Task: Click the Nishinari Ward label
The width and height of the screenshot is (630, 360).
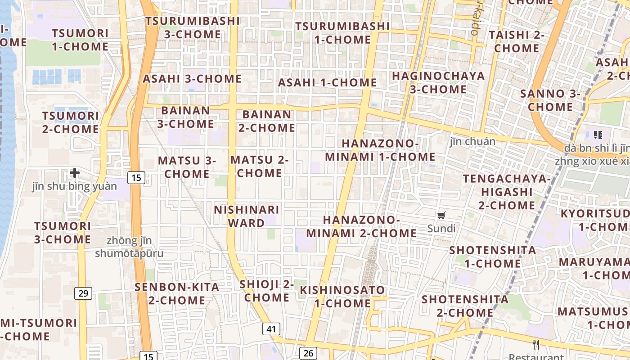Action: click(246, 216)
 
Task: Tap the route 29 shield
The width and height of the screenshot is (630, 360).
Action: click(83, 293)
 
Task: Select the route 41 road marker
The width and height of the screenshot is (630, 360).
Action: click(271, 329)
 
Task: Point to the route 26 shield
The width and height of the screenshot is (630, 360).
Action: click(308, 353)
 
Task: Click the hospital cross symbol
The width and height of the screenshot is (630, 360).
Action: click(75, 172)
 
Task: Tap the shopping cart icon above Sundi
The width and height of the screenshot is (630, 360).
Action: click(441, 216)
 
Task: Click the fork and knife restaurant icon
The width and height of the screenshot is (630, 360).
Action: click(536, 345)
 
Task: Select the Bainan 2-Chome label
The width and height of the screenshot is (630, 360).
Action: click(267, 121)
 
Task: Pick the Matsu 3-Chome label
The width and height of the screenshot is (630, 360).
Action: click(187, 167)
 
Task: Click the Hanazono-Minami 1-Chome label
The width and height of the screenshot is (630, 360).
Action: click(380, 150)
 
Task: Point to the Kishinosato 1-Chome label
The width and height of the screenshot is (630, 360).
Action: click(343, 297)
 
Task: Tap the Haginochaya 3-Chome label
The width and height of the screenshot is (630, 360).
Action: click(438, 83)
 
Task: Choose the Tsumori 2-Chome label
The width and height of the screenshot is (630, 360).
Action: click(71, 122)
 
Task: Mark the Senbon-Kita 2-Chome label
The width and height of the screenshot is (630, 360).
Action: click(177, 293)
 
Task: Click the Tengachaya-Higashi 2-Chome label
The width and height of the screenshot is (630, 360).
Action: click(507, 192)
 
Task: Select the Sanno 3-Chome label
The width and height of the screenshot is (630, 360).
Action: click(550, 100)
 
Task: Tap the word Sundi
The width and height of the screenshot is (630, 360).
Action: click(441, 229)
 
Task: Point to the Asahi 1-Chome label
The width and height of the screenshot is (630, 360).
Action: click(327, 83)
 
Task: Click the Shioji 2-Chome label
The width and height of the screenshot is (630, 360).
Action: click(267, 291)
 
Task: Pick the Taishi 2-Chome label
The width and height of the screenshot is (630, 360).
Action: click(517, 41)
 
